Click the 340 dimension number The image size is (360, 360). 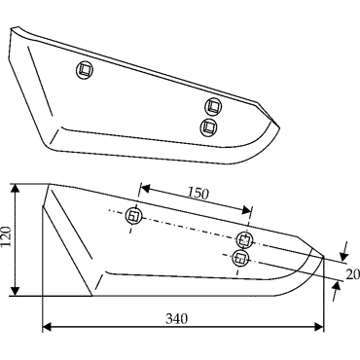click(177, 319)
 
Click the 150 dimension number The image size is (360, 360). click(198, 194)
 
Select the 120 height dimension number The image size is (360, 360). click(7, 236)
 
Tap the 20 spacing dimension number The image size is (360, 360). click(353, 274)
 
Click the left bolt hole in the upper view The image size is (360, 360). click(86, 70)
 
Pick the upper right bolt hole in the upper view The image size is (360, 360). click(214, 106)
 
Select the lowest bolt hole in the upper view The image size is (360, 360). click(209, 126)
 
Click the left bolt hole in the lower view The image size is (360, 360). click(133, 216)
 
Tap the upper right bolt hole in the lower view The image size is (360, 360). click(244, 240)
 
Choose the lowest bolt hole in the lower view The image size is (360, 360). click(240, 258)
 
